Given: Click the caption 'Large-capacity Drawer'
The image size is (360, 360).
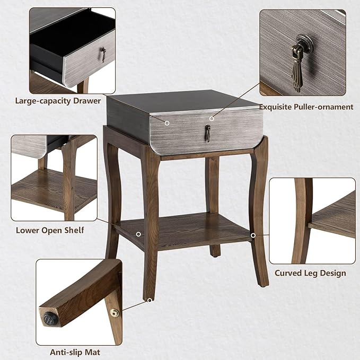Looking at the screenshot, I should (58, 100).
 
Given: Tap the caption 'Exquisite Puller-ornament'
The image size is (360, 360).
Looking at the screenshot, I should (306, 107).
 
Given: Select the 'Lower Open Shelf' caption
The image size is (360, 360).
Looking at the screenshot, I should (50, 230).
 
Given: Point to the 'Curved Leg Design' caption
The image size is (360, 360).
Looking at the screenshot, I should (310, 273).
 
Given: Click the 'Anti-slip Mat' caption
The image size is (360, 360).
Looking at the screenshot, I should (75, 352).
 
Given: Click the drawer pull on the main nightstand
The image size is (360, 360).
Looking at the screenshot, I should (208, 134).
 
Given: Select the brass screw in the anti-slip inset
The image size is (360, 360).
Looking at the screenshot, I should (113, 314).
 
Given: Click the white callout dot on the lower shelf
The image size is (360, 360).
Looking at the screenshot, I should (138, 234).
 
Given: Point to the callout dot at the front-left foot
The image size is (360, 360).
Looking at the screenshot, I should (150, 300).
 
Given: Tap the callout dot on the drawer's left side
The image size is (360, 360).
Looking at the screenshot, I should (167, 122).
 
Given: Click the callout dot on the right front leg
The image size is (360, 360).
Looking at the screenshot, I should (253, 235).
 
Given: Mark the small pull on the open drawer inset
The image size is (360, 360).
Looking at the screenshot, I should (103, 54).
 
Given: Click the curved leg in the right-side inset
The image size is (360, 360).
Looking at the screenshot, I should (301, 223).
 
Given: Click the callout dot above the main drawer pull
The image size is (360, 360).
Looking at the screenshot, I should (212, 118).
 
